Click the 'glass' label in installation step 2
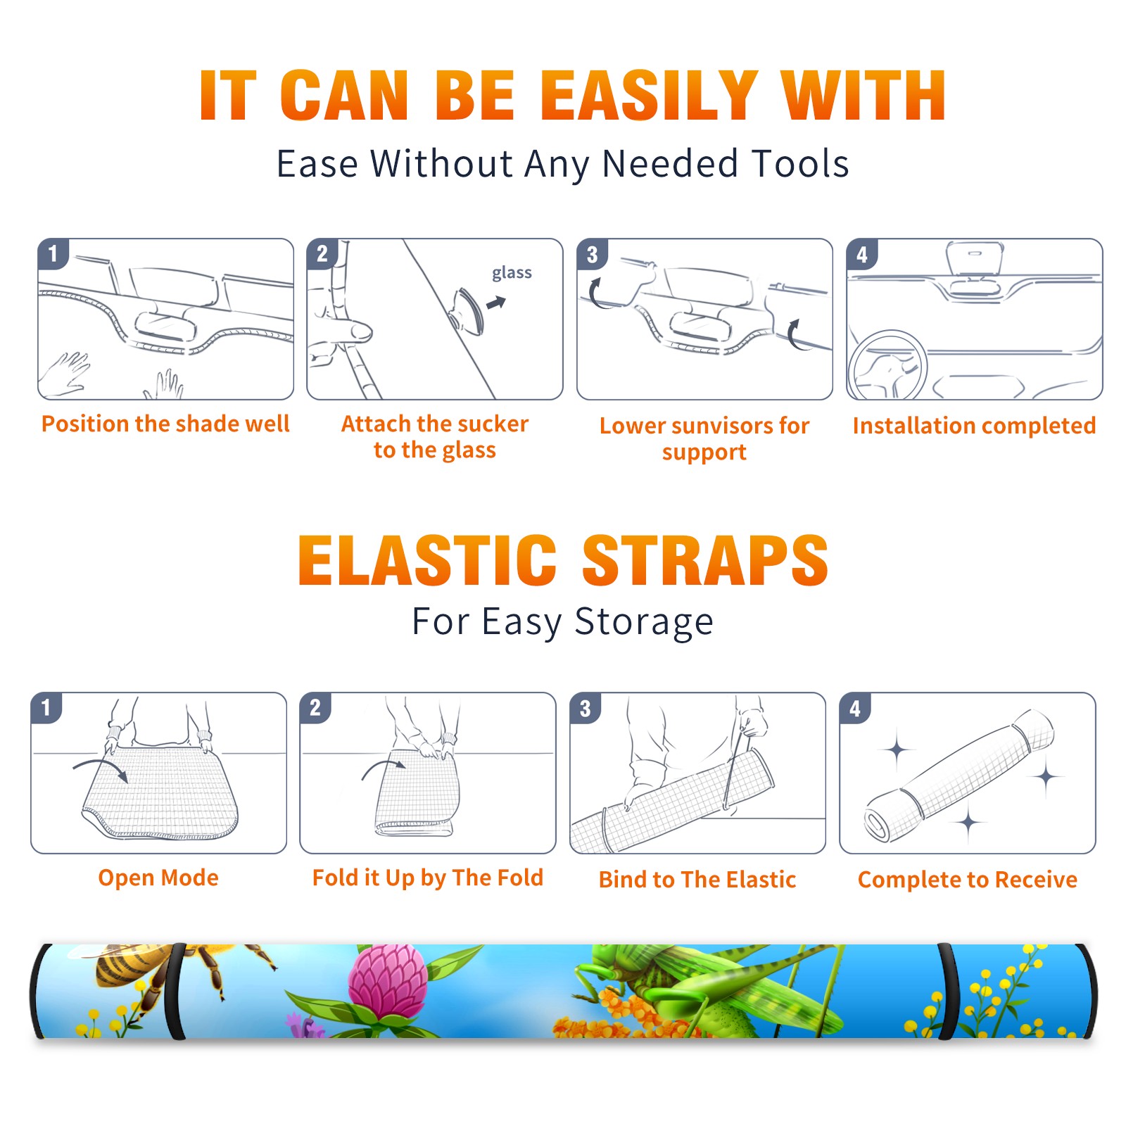point(512,273)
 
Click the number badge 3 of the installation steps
point(592,254)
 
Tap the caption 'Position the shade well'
point(165,424)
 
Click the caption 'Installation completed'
point(974,426)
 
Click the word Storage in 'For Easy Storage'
point(644,622)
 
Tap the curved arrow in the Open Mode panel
point(101,768)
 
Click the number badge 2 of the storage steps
point(315,707)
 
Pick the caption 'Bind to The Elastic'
point(697,880)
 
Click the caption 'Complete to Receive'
point(968,880)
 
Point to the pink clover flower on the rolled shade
point(387,982)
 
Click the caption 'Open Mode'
point(158,878)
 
